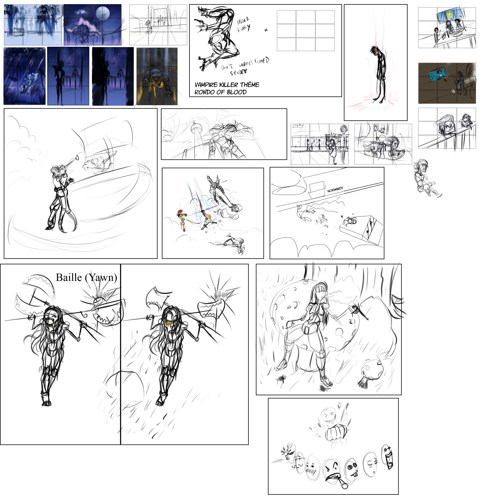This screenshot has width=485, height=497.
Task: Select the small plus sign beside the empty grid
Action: click(x=266, y=30)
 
